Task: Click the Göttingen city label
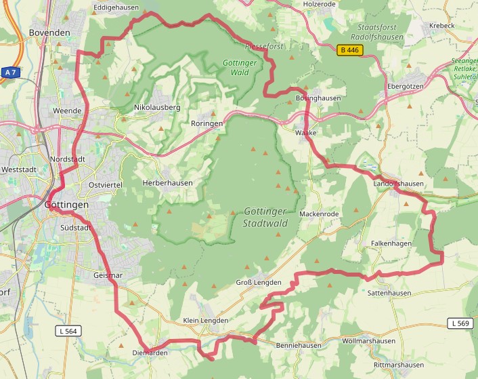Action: tap(66, 204)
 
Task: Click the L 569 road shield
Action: tap(459, 323)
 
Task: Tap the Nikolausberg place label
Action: tap(157, 107)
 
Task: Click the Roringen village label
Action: tap(207, 124)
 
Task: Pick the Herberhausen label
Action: tap(167, 183)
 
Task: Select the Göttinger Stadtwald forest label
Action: tap(264, 218)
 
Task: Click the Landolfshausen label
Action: tap(398, 184)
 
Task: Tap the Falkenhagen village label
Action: tap(391, 243)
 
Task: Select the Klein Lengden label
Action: tap(206, 320)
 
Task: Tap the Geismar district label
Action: tap(108, 275)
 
